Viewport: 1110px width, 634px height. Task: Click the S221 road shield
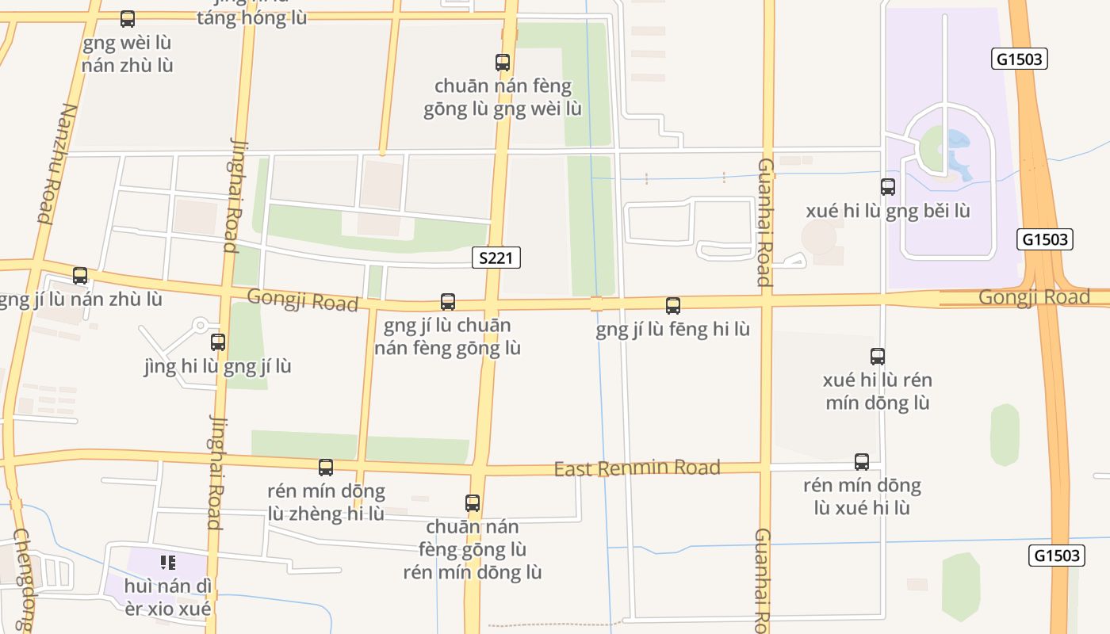tap(496, 258)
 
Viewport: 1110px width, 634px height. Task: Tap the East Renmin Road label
tap(637, 468)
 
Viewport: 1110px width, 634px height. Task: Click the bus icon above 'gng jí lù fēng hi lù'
tap(673, 306)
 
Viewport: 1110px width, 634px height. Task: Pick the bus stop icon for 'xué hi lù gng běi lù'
tap(888, 187)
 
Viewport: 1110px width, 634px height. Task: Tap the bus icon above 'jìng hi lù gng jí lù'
tap(218, 342)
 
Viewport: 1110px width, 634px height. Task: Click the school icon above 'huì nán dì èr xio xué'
tap(168, 563)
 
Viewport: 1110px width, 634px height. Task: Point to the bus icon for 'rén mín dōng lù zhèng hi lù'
tap(326, 468)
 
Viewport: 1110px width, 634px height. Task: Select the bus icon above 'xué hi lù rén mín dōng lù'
tap(878, 357)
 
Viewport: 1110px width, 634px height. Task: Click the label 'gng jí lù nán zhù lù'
tap(79, 300)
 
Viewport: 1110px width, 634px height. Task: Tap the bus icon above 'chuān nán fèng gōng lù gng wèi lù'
tap(503, 63)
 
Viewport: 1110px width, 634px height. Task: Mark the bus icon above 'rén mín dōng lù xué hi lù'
tap(862, 462)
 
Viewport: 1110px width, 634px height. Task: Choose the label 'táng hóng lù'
tap(251, 18)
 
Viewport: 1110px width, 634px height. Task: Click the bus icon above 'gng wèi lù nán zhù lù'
tap(128, 19)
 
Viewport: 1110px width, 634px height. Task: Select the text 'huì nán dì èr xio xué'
tap(168, 598)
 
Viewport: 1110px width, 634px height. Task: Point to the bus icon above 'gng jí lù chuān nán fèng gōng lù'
tap(448, 302)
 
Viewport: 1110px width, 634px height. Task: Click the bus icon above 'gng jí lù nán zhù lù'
tap(80, 276)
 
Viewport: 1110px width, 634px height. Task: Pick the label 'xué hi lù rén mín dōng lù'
tap(878, 391)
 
